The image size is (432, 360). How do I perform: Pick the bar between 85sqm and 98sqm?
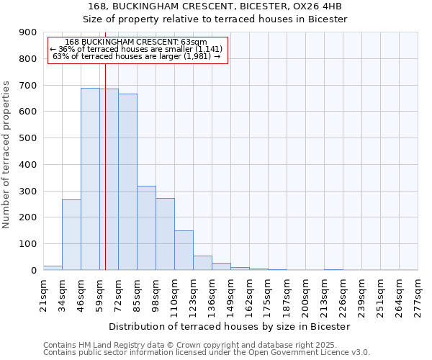(x=146, y=228)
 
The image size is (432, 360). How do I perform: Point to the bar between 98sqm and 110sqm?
(x=165, y=234)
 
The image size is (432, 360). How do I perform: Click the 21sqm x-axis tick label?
(x=43, y=294)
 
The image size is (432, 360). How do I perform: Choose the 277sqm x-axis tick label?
(x=418, y=294)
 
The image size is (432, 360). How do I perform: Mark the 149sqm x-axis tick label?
(x=230, y=294)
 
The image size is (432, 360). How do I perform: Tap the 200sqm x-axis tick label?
(x=305, y=294)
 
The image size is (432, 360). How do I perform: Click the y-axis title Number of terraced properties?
(x=6, y=155)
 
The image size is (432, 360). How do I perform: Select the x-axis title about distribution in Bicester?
(x=230, y=326)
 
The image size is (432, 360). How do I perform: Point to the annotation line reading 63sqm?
(x=136, y=42)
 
